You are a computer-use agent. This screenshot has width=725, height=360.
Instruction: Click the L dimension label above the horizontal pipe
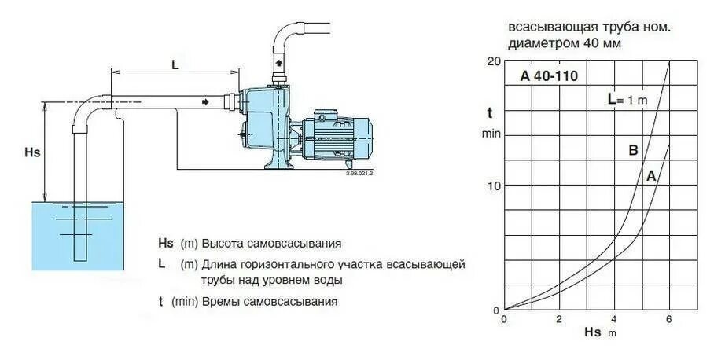pos(175,65)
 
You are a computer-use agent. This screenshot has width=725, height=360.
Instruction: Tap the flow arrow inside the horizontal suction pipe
pos(205,101)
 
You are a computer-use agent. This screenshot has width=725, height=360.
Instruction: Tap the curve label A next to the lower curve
pos(650,177)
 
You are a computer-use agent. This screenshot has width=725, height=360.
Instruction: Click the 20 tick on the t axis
pos(493,61)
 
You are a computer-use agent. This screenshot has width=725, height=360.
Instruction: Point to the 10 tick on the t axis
pos(493,186)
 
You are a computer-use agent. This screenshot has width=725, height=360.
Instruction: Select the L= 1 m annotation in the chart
pos(626,99)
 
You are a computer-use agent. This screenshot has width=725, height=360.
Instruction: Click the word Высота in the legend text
pos(222,244)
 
